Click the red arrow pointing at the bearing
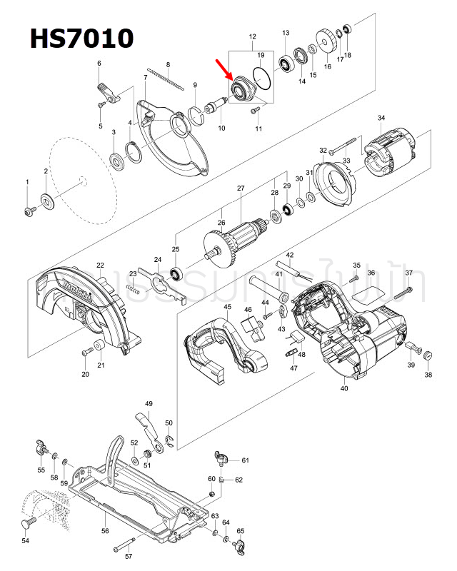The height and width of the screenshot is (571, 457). coord(224,71)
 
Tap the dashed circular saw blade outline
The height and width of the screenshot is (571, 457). coord(71,178)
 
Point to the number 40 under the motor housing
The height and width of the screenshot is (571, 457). coord(344,388)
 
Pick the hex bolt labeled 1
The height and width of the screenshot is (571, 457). coord(30,211)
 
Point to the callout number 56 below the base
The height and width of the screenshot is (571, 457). coord(105,531)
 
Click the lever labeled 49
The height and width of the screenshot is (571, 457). coord(146,424)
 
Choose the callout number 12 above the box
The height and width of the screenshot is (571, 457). coord(252,36)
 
